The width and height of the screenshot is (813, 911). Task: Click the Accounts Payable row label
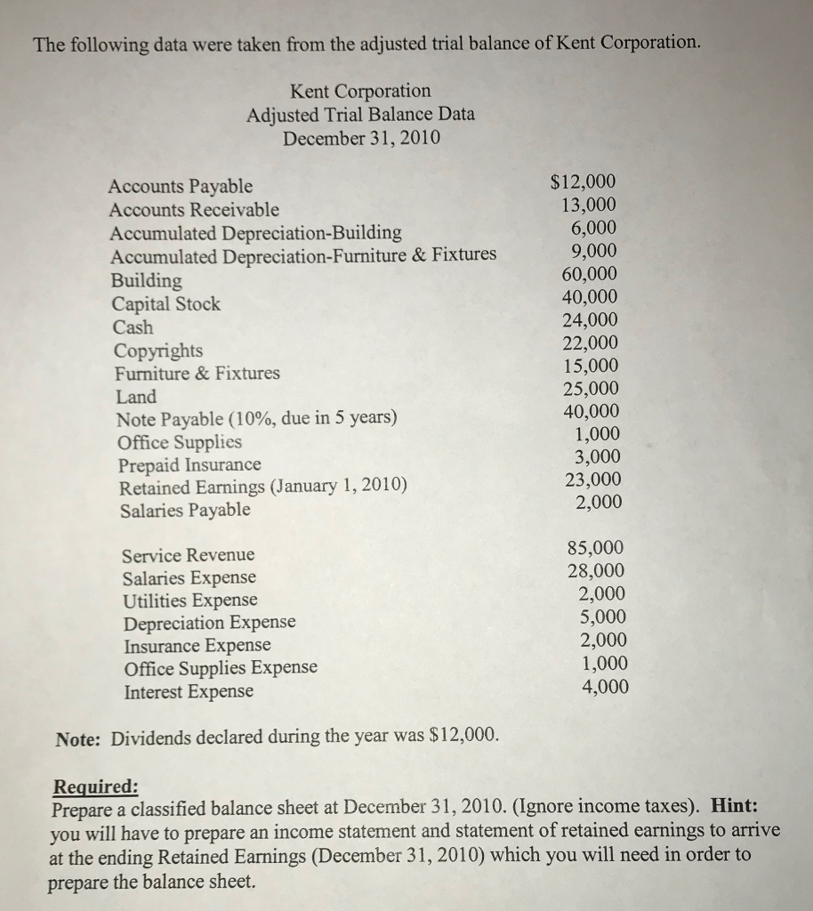click(180, 187)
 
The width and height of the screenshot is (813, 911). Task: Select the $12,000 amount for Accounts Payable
click(583, 183)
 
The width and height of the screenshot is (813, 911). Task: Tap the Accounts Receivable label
click(194, 210)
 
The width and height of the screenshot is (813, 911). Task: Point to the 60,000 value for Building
click(589, 275)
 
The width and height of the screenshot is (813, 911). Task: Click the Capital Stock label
click(166, 304)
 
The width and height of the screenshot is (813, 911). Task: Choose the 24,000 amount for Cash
click(591, 320)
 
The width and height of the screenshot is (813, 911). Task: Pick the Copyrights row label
click(158, 351)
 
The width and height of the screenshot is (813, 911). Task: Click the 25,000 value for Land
click(592, 389)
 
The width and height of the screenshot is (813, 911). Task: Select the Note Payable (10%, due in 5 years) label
click(257, 419)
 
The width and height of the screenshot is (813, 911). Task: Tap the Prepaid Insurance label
click(189, 465)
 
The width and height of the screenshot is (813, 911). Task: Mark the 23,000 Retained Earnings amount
click(594, 480)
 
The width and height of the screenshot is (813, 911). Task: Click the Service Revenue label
click(188, 555)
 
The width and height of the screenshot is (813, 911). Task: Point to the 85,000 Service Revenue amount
click(596, 548)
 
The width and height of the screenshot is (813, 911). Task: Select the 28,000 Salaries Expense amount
click(596, 571)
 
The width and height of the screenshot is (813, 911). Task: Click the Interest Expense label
click(189, 691)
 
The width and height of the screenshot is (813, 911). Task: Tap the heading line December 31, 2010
click(361, 138)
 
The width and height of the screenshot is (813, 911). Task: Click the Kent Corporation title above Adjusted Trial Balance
click(360, 91)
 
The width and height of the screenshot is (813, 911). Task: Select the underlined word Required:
click(96, 786)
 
